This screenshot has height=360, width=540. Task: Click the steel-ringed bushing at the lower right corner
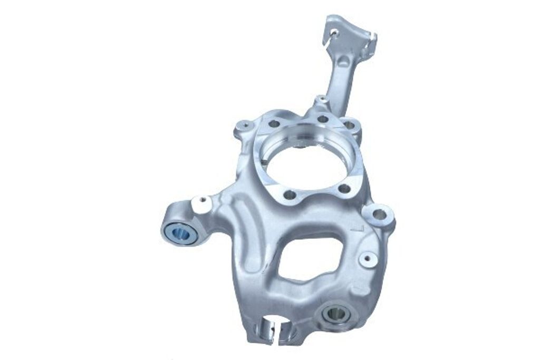coord(335,314)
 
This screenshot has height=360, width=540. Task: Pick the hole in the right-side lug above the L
coord(379,214)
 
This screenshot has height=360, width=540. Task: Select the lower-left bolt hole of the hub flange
coord(290,194)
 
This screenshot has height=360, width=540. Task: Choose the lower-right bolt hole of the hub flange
coord(343,188)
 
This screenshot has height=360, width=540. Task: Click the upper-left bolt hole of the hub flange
coord(273,124)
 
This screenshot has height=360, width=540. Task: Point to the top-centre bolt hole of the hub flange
coord(322,119)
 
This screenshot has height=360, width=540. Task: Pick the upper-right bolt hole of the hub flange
coord(349,125)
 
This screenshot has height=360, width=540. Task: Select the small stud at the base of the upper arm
coord(320,99)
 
